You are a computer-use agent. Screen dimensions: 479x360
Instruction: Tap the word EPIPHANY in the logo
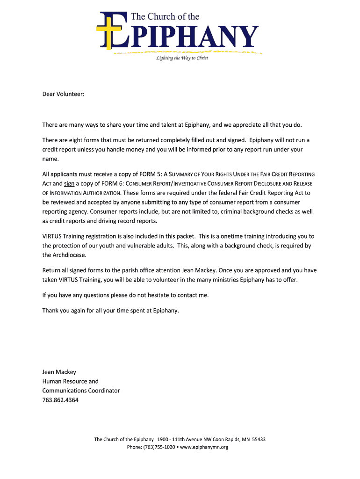(x=187, y=36)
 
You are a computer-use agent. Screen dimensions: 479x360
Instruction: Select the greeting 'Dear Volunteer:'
(x=64, y=94)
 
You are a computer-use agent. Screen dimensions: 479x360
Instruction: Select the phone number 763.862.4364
(x=60, y=400)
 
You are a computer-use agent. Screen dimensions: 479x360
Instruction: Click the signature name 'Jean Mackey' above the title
(x=59, y=372)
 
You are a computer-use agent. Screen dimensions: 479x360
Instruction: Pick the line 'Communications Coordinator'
(x=81, y=391)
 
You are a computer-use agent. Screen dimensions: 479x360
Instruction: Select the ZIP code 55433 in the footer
(x=259, y=439)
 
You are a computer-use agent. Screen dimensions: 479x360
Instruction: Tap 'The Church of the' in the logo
(x=165, y=17)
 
